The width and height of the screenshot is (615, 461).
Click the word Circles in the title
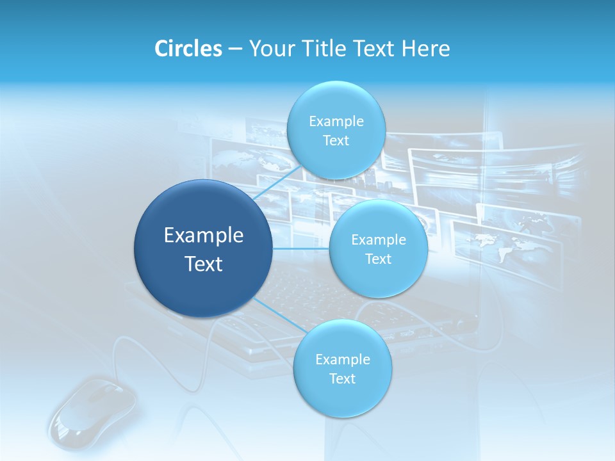point(189,49)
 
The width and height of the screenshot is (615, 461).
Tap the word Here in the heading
point(425,49)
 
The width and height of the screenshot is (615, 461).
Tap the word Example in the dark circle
point(204,235)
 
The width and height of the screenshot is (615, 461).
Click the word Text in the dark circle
point(204,263)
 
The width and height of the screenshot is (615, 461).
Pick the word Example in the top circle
point(336,122)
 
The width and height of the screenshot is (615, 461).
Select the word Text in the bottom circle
point(342,378)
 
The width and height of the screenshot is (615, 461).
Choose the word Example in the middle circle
point(379,239)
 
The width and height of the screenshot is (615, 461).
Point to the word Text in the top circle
point(336,141)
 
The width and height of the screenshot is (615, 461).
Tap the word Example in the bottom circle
point(342,359)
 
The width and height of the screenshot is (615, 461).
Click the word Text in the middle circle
point(379,259)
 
